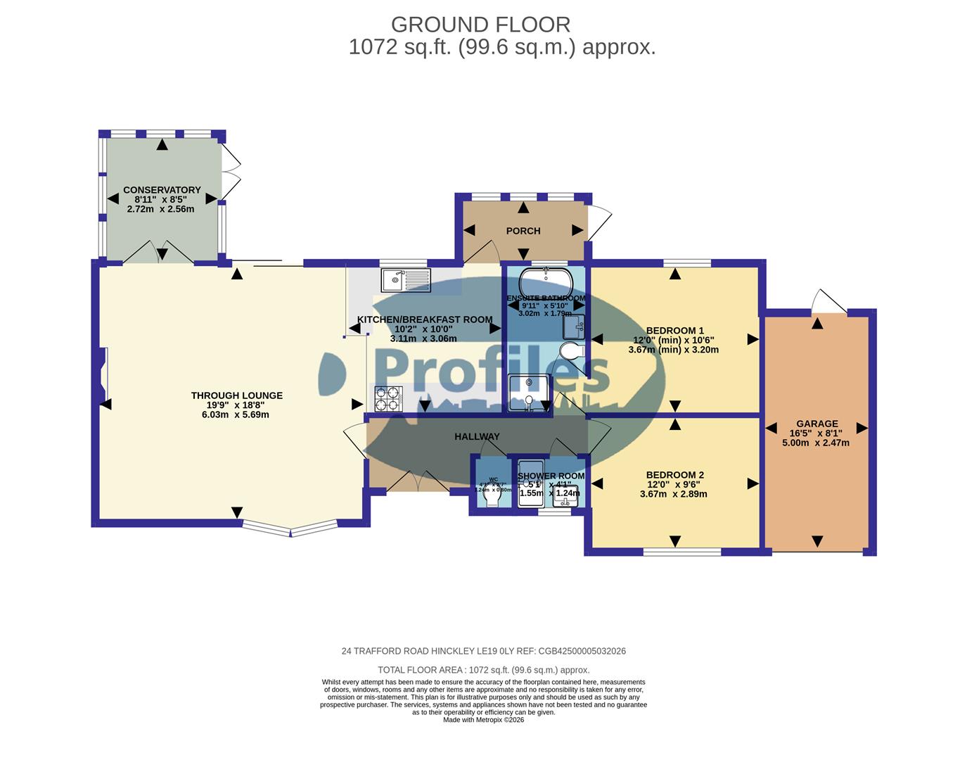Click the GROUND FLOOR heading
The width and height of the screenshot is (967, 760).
(480, 25)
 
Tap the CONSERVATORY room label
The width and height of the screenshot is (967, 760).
(162, 190)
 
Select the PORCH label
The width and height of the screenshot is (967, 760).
(523, 231)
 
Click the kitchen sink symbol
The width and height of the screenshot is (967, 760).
(405, 280)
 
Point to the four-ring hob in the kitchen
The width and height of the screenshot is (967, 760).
(388, 399)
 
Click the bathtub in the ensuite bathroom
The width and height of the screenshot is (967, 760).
(546, 283)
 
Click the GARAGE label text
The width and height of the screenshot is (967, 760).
(816, 424)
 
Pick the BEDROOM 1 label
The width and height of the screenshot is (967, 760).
(674, 331)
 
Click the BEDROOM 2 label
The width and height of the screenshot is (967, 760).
(674, 475)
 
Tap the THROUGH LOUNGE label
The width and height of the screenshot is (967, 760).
(236, 395)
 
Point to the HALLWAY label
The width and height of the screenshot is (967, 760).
(477, 436)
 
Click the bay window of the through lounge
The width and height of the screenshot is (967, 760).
(290, 528)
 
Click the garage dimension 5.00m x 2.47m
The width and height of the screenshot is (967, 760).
(816, 443)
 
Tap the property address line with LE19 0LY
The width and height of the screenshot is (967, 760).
(483, 651)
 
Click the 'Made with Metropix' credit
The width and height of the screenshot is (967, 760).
(483, 720)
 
